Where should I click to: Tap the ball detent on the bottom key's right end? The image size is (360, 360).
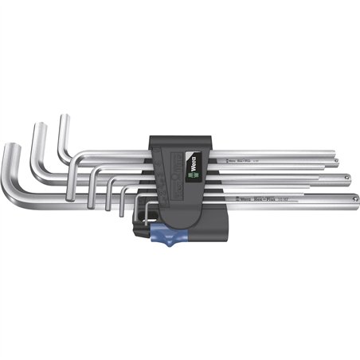click(x=351, y=195)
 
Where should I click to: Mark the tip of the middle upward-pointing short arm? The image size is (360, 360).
click(x=37, y=127)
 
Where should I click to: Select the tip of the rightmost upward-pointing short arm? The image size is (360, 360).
click(x=63, y=119)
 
